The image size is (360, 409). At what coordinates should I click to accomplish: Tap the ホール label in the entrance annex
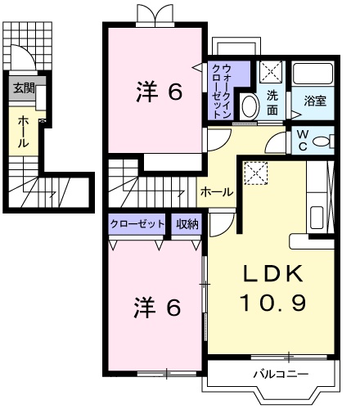pos(22,131)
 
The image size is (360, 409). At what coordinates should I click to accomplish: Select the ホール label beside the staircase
pos(218,192)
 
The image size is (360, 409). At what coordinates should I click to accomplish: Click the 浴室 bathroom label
pos(315,102)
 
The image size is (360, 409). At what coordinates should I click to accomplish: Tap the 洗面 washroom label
pos(272,101)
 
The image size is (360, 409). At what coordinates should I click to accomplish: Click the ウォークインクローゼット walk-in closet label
pos(222,92)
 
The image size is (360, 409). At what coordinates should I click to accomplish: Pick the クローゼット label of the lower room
pos(138,223)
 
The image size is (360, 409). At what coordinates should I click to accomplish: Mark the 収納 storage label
pos(187,223)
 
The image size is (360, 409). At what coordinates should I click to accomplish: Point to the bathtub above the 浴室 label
pos(315,74)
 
